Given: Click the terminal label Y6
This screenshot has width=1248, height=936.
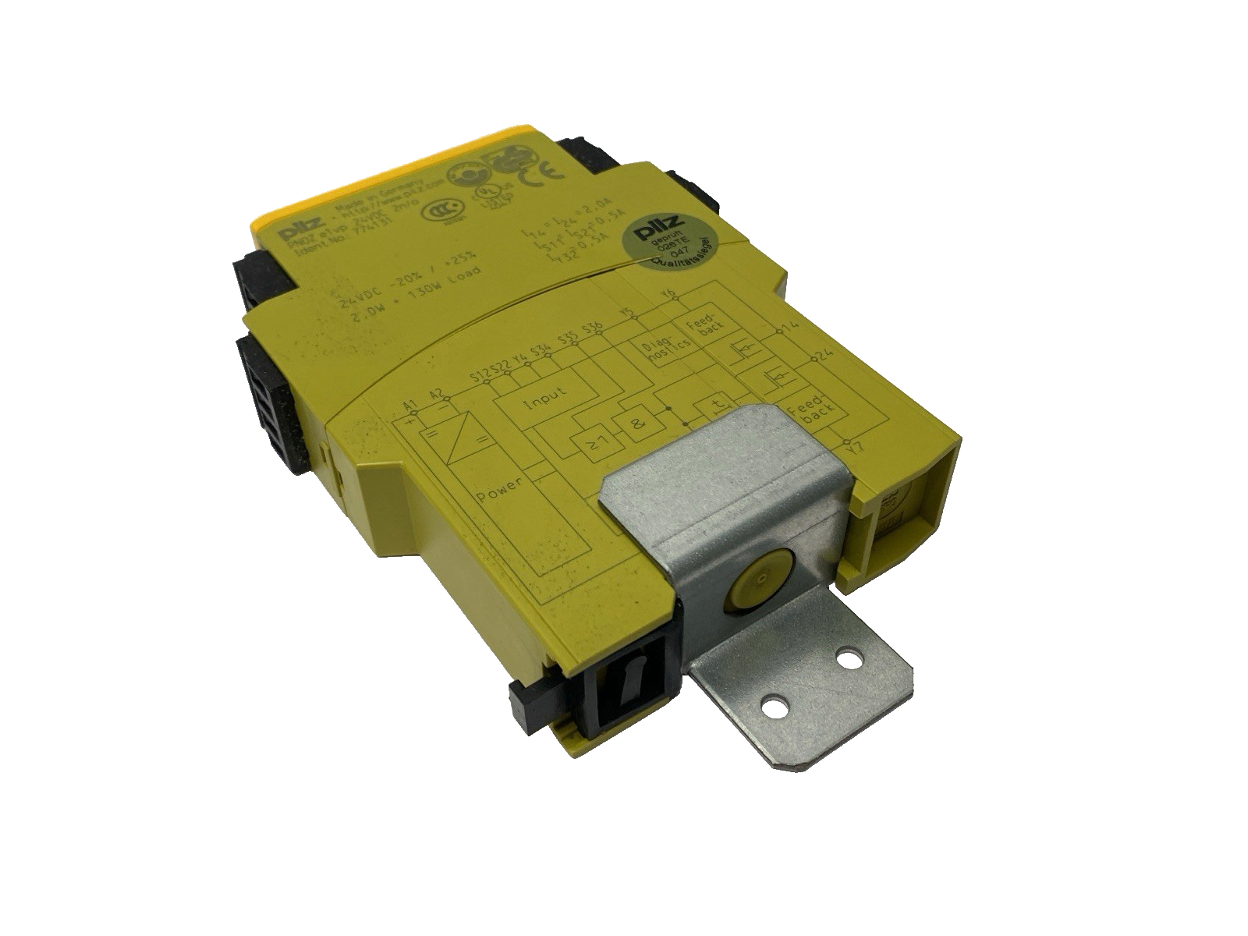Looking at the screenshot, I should (x=668, y=294).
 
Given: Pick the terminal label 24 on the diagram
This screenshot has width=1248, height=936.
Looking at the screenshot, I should (x=823, y=356).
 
